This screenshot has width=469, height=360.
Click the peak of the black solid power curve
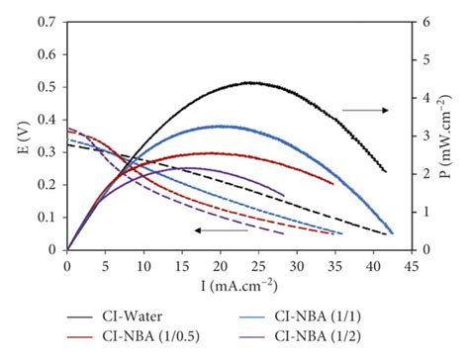tap(252, 83)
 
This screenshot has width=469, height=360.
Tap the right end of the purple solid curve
tap(283, 195)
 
